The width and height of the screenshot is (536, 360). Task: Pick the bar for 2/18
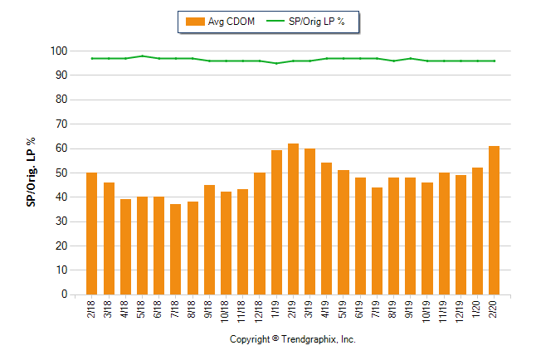pos(91,233)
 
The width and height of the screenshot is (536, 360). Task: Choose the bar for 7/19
pos(377,241)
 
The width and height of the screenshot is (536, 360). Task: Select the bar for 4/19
pos(327,228)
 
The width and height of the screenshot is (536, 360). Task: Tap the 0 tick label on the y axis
pos(63,294)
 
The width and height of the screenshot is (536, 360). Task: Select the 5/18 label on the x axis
pos(142,309)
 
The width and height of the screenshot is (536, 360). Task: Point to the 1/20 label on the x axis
pos(478,309)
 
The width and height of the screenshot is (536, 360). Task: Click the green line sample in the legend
pos(275,22)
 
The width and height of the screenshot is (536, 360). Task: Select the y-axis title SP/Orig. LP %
pos(31,173)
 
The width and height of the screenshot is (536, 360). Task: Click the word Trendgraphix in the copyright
pos(309,340)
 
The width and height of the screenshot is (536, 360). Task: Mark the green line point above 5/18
pos(142,56)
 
